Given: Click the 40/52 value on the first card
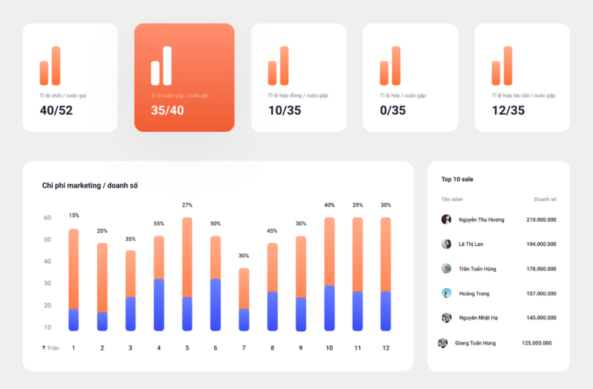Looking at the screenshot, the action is pyautogui.click(x=56, y=110).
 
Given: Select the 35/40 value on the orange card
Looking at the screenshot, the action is pyautogui.click(x=168, y=110).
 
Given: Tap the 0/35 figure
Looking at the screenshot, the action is pyautogui.click(x=393, y=110).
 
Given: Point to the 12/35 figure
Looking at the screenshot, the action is pyautogui.click(x=508, y=110).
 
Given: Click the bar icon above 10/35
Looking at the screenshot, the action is pyautogui.click(x=279, y=66).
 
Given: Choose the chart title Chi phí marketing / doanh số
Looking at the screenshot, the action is pyautogui.click(x=90, y=186).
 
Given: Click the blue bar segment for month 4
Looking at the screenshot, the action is pyautogui.click(x=159, y=305).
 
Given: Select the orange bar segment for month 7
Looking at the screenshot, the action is pyautogui.click(x=244, y=288).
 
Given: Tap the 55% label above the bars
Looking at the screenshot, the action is pyautogui.click(x=159, y=224).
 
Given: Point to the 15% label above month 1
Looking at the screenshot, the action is pyautogui.click(x=74, y=216).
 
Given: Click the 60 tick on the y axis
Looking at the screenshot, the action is pyautogui.click(x=47, y=218).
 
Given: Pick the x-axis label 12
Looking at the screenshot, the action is pyautogui.click(x=385, y=348).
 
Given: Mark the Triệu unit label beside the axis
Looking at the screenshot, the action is pyautogui.click(x=53, y=348).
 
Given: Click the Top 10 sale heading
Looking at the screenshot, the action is pyautogui.click(x=457, y=179).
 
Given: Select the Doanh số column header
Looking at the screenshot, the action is pyautogui.click(x=545, y=199).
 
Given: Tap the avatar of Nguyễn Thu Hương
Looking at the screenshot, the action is pyautogui.click(x=446, y=219).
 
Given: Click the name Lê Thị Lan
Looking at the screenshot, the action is pyautogui.click(x=471, y=245).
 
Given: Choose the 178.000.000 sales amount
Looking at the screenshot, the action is pyautogui.click(x=541, y=269).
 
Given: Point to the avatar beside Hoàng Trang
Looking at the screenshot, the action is pyautogui.click(x=446, y=293).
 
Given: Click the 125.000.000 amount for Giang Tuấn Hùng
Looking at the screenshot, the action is pyautogui.click(x=537, y=343).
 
